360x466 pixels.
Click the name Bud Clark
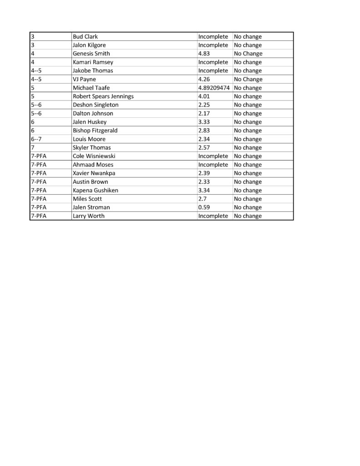[85, 36]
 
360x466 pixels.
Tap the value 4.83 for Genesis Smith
[204, 54]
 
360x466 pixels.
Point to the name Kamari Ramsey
[93, 62]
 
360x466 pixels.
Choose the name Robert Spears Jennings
[103, 96]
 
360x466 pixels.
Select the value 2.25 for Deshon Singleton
[204, 105]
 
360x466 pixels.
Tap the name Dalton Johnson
[93, 113]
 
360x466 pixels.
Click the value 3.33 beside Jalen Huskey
[204, 122]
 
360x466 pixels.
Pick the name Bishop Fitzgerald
[95, 131]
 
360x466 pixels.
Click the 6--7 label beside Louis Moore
[36, 139]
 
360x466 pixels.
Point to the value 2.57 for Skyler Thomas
[204, 147]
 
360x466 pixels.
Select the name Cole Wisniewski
[94, 156]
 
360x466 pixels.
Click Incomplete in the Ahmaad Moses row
[213, 165]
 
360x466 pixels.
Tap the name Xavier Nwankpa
[94, 173]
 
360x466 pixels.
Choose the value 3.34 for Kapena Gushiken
[204, 190]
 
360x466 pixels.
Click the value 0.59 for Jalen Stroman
[204, 208]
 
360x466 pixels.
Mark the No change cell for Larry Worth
[248, 216]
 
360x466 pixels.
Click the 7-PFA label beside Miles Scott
[39, 199]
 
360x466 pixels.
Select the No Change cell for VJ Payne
[248, 79]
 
